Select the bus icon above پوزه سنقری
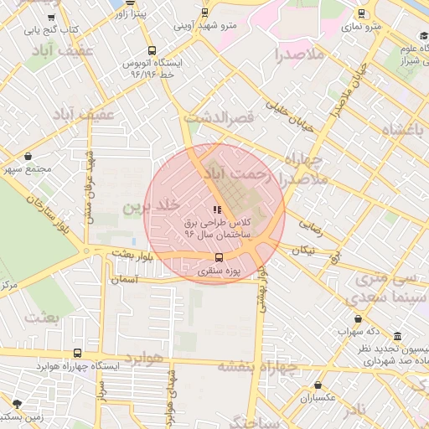(219, 257)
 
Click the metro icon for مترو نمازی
(361, 13)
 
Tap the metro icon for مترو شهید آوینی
(204, 13)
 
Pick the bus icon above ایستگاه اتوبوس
(151, 49)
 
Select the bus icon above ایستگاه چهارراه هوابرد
(77, 353)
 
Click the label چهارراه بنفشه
(258, 366)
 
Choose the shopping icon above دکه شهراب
(359, 319)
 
